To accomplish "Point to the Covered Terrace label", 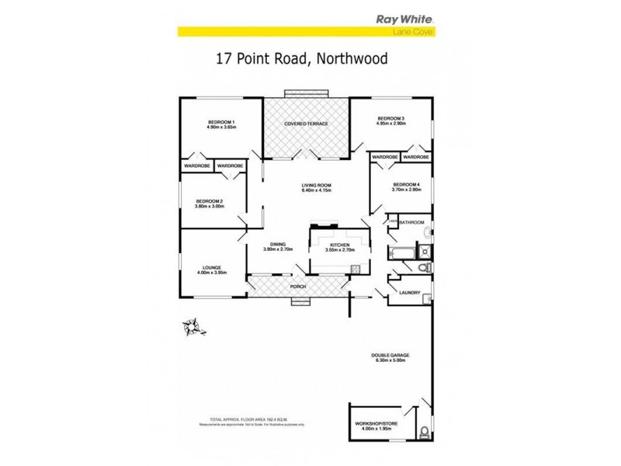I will tap(306, 123).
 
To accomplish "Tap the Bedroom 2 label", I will tap(209, 203).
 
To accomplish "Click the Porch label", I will tap(298, 287).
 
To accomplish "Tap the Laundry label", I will tap(409, 293).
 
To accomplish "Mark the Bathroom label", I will tap(411, 223).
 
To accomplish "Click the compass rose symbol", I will tap(193, 325).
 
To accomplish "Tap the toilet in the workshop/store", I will tap(423, 432).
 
